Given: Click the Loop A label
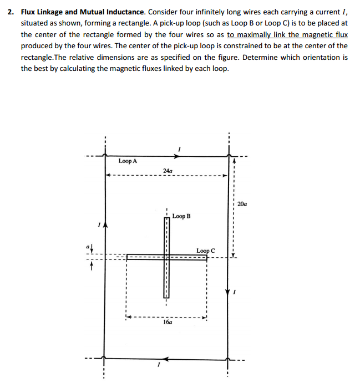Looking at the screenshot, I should coord(128,161).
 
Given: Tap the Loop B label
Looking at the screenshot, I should coord(181,216).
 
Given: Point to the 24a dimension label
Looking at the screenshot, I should coord(168,171).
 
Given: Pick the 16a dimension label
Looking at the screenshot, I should coord(167,321).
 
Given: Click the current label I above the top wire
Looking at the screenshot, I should coord(179,149).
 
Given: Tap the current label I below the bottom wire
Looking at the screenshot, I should coord(159,365).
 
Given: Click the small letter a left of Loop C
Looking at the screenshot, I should coord(88,245).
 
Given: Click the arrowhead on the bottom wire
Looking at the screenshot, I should coord(168,358).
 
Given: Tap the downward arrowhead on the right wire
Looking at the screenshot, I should coord(227,292).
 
